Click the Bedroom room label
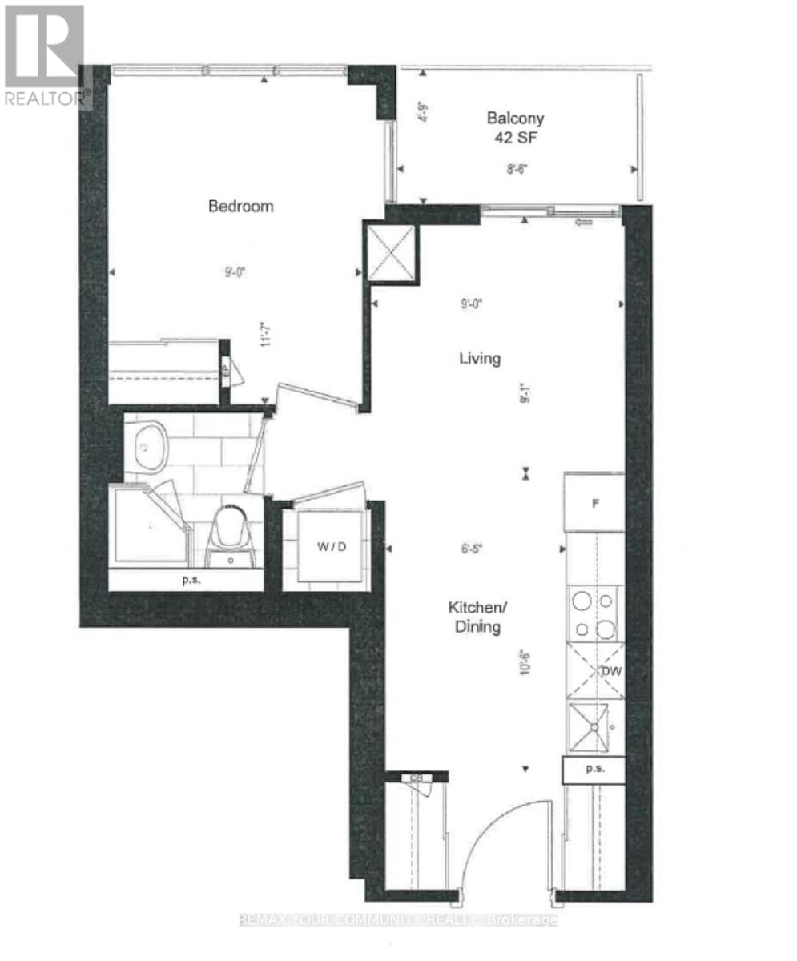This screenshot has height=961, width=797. click(241, 206)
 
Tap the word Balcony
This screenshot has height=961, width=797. click(516, 118)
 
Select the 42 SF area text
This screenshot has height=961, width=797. click(516, 136)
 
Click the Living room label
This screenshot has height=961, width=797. click(479, 358)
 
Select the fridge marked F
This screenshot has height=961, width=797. click(594, 504)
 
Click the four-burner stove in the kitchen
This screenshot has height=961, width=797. click(595, 614)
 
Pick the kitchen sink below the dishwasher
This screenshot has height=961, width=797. click(594, 727)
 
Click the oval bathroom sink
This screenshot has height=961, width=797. click(148, 448)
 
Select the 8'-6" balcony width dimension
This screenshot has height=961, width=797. click(517, 169)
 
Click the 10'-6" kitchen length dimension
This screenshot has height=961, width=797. click(525, 664)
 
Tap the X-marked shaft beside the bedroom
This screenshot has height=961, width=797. click(391, 251)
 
